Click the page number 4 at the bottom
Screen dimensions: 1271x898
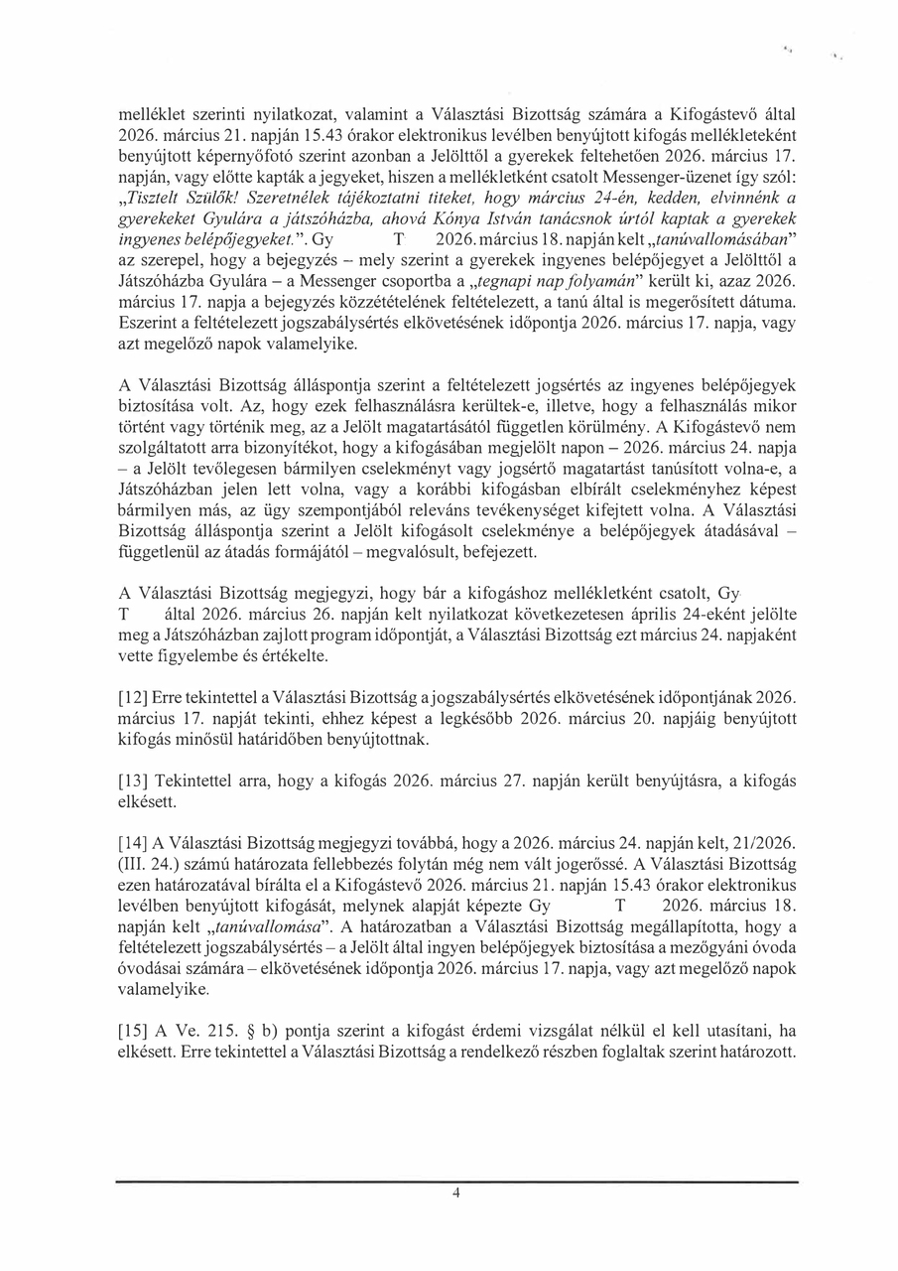455,1195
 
